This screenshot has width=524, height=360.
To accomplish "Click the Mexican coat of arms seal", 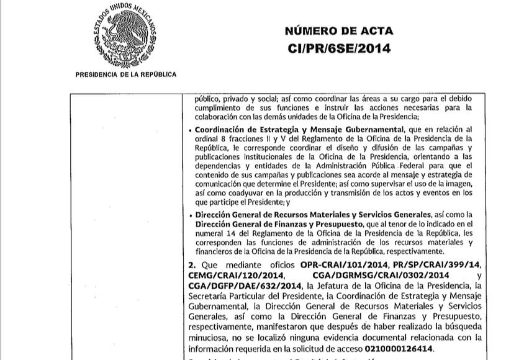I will tap(125, 36).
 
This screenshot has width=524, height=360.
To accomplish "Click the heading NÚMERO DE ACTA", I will tap(338, 32).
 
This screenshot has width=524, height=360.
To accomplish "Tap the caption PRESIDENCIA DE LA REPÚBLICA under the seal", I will tap(125, 74).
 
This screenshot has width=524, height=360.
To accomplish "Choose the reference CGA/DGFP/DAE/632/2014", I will tap(243, 285).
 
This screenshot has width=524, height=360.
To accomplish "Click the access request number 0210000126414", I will tap(397, 348).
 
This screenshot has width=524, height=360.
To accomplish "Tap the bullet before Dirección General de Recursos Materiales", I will tap(189, 215).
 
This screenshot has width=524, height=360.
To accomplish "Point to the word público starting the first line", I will tap(208, 97).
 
